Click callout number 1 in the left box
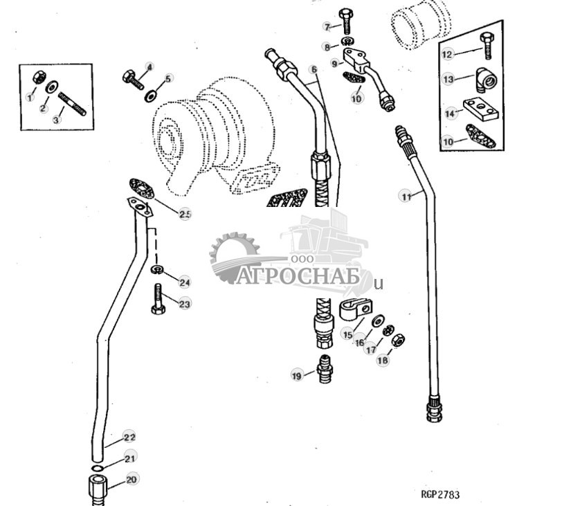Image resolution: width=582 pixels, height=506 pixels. pos(30,98)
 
